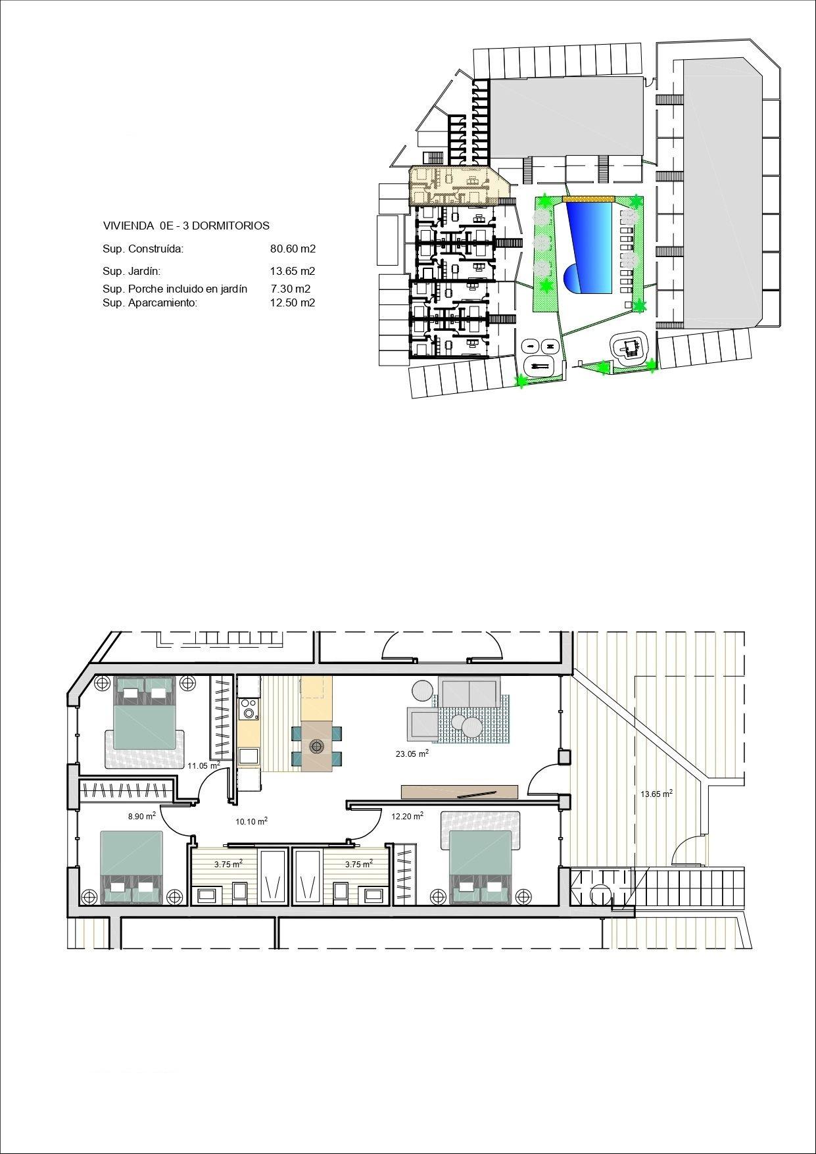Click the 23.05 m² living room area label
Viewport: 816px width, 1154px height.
click(412, 754)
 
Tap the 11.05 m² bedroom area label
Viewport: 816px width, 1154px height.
click(204, 765)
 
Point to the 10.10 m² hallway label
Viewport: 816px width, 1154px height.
click(251, 821)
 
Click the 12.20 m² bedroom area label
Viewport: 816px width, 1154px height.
click(407, 816)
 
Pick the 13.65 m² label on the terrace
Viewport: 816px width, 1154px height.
click(656, 794)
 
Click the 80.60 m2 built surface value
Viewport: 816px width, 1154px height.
click(293, 249)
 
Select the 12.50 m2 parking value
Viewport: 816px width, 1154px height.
click(293, 303)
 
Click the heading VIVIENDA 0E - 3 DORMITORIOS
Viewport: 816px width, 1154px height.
click(186, 226)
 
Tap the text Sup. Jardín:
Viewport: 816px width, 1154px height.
click(132, 271)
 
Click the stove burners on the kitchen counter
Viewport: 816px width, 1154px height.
click(249, 709)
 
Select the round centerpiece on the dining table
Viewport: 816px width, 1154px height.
click(317, 746)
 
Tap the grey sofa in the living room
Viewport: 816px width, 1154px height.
click(468, 693)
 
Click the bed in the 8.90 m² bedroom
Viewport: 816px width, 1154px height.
click(132, 865)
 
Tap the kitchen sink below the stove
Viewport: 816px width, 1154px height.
click(249, 756)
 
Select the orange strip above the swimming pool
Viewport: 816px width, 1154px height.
click(587, 198)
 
